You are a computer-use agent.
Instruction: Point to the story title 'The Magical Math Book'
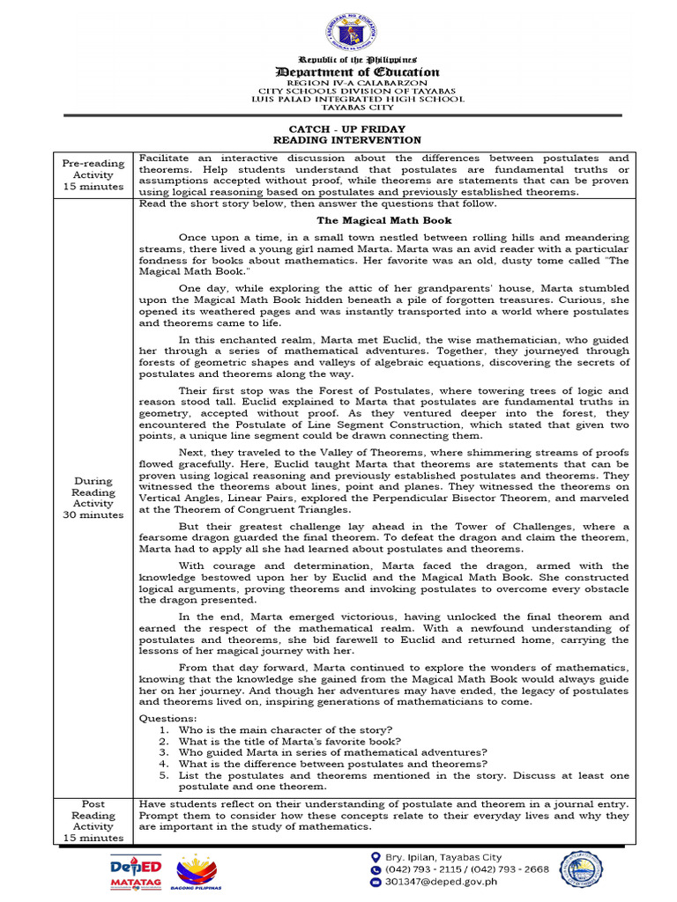[x=384, y=220]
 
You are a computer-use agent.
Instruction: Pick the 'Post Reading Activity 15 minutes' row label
[x=93, y=821]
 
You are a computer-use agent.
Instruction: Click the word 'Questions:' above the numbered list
[x=168, y=719]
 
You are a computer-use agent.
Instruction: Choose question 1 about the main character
[x=285, y=730]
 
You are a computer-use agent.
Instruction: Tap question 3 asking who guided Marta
[x=331, y=752]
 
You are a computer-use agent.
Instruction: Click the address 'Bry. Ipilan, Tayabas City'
[x=443, y=857]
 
